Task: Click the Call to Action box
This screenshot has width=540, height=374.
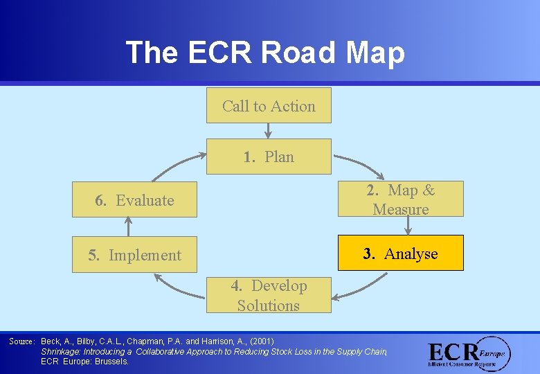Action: click(269, 106)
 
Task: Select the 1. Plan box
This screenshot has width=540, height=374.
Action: click(269, 157)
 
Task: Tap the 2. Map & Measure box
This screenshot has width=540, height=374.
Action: click(400, 199)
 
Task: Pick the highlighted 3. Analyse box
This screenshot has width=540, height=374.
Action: click(400, 253)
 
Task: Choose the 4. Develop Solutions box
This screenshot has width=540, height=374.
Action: click(269, 296)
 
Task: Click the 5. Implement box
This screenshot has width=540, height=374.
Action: click(134, 255)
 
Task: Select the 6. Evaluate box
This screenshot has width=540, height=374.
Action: click(134, 200)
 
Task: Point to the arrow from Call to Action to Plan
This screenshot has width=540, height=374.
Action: click(268, 131)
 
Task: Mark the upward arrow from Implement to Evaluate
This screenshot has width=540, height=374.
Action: click(128, 226)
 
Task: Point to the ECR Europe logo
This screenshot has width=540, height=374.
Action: click(468, 354)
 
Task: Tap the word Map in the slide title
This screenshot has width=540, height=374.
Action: click(369, 53)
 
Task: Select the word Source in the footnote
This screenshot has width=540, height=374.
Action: click(21, 341)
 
